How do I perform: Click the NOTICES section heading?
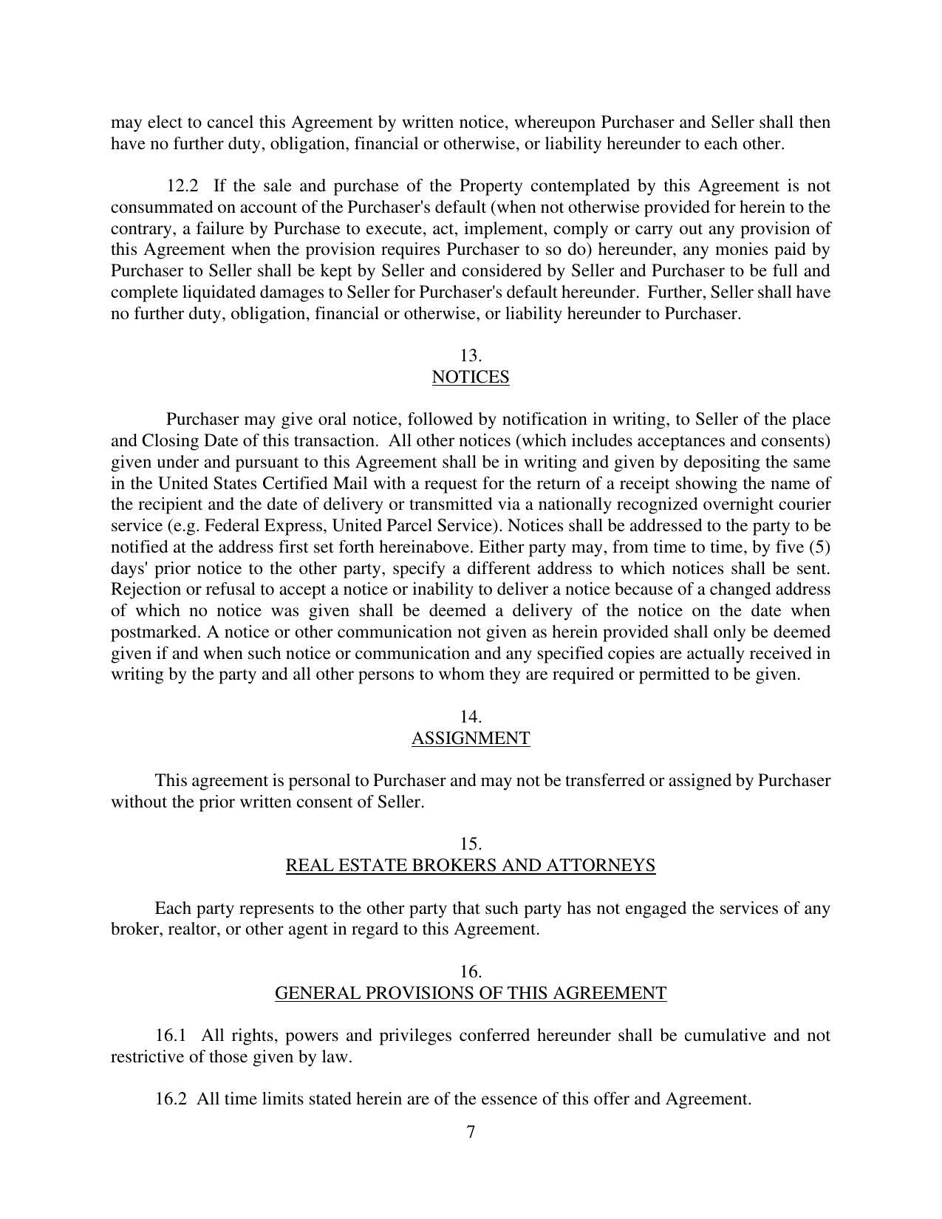tap(470, 378)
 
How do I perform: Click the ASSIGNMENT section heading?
tap(470, 739)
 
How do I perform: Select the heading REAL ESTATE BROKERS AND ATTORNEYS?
tap(470, 866)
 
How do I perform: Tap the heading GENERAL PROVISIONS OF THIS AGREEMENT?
tap(470, 994)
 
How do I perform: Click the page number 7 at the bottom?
tap(471, 1132)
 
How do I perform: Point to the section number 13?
tap(470, 356)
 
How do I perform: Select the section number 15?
tap(470, 844)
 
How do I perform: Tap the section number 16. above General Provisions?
tap(470, 972)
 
